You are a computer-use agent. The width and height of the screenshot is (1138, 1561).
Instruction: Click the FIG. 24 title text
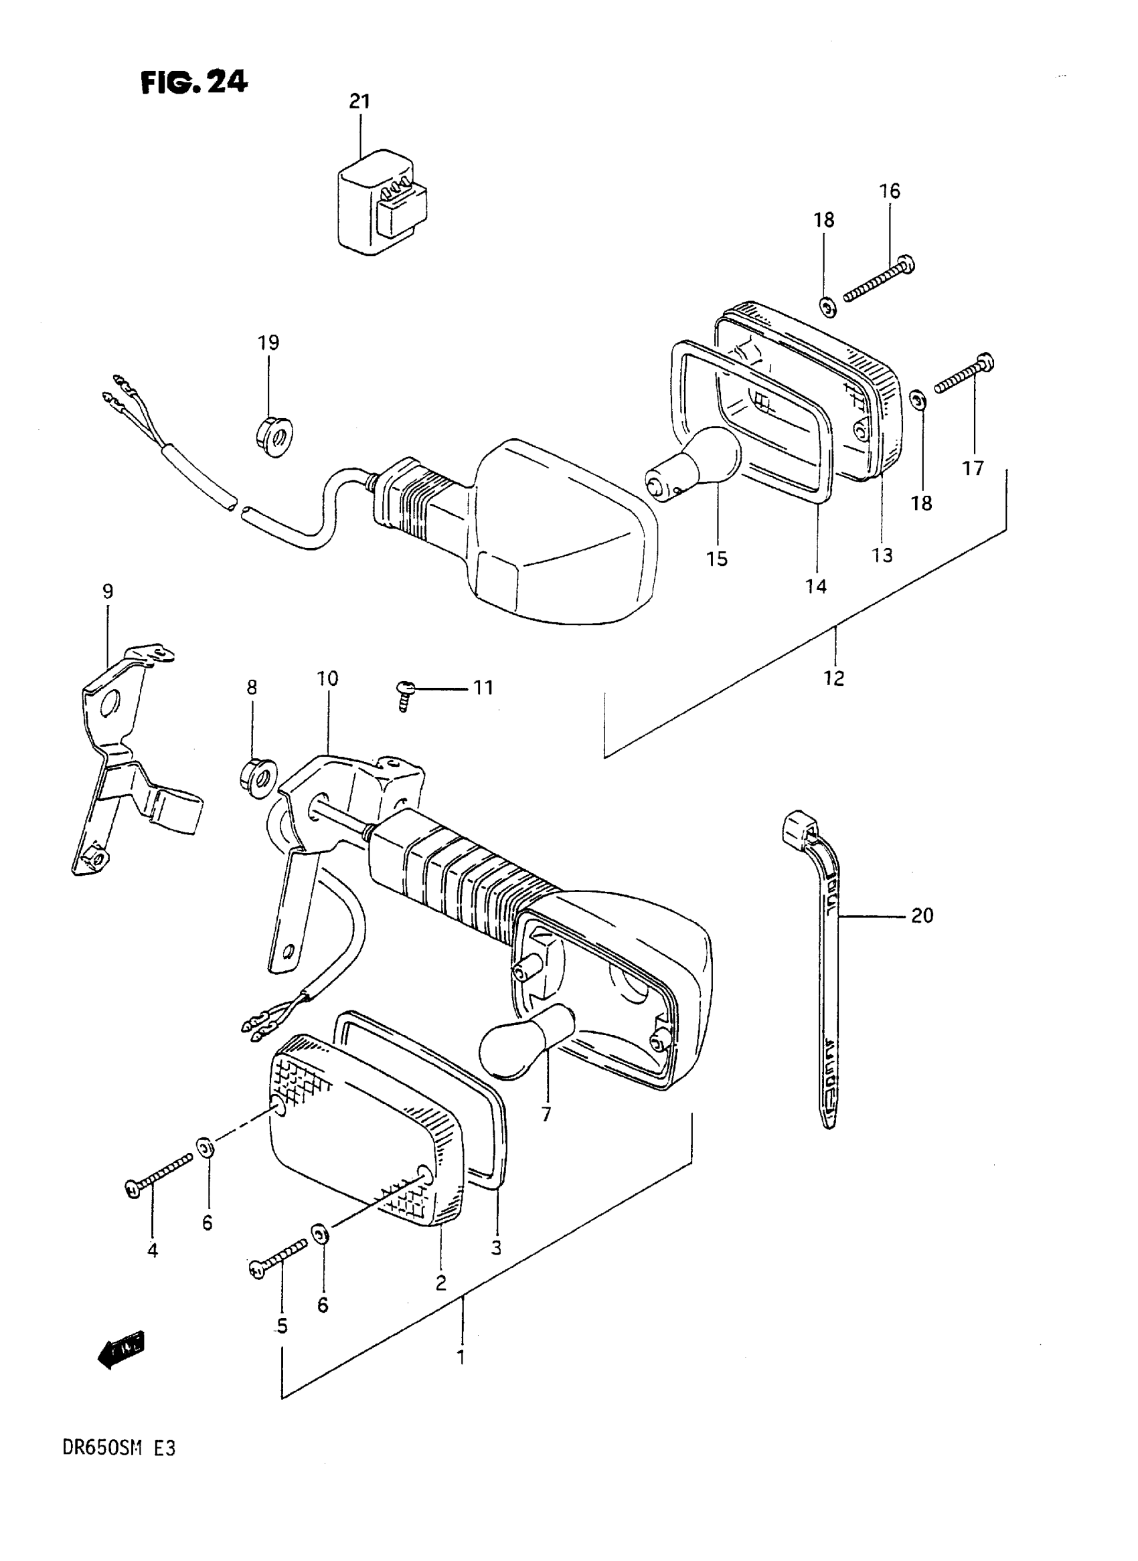pyautogui.click(x=193, y=82)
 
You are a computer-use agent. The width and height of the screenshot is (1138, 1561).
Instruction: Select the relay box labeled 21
pyautogui.click(x=381, y=205)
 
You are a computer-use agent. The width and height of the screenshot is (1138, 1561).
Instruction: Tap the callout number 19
pyautogui.click(x=268, y=342)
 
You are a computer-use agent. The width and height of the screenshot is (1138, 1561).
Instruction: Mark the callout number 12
pyautogui.click(x=833, y=678)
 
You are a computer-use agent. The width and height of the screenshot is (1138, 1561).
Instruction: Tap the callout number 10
pyautogui.click(x=327, y=679)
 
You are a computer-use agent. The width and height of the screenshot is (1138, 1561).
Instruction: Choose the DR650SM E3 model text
pyautogui.click(x=119, y=1448)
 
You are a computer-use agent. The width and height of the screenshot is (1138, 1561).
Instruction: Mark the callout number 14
pyautogui.click(x=815, y=586)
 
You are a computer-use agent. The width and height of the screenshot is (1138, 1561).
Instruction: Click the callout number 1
pyautogui.click(x=461, y=1356)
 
